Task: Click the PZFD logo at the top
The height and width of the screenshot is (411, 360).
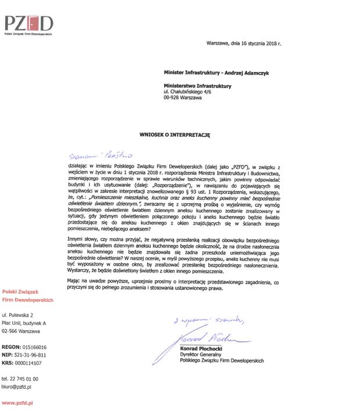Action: [28, 24]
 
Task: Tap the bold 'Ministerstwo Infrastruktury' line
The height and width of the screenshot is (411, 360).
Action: [197, 86]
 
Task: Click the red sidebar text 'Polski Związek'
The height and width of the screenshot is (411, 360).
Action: [22, 292]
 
